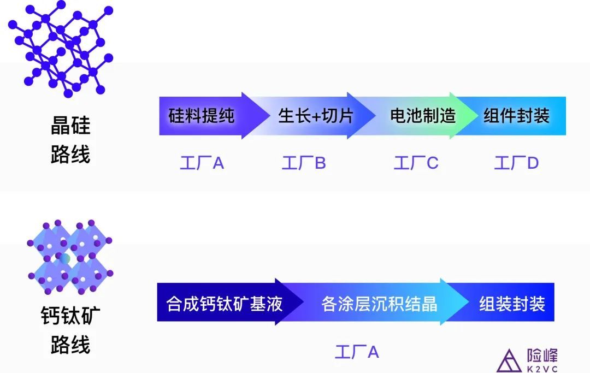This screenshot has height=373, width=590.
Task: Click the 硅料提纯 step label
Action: pyautogui.click(x=201, y=115)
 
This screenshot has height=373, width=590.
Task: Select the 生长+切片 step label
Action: pyautogui.click(x=316, y=115)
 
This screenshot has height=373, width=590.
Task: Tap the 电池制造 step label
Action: pyautogui.click(x=423, y=115)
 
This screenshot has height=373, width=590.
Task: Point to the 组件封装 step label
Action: pyautogui.click(x=516, y=115)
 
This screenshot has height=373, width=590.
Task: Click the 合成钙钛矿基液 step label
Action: pyautogui.click(x=225, y=304)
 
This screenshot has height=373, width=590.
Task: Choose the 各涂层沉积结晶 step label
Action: pyautogui.click(x=379, y=304)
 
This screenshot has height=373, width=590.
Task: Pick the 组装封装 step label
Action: pyautogui.click(x=512, y=304)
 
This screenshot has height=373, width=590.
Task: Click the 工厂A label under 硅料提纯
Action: pyautogui.click(x=202, y=163)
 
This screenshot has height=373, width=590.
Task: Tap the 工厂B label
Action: pyautogui.click(x=304, y=163)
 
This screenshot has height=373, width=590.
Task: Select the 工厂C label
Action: pyautogui.click(x=416, y=163)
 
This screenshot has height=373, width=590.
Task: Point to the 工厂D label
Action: pyautogui.click(x=516, y=163)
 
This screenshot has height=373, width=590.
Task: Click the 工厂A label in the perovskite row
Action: pyautogui.click(x=357, y=352)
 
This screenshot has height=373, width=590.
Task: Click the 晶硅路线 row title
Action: pyautogui.click(x=70, y=139)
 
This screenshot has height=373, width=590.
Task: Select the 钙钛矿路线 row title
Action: pyautogui.click(x=70, y=330)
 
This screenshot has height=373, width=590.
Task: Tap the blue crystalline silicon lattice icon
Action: pyautogui.click(x=61, y=49)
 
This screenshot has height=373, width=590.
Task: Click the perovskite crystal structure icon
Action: pyautogui.click(x=70, y=258)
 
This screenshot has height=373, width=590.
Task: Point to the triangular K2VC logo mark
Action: pyautogui.click(x=509, y=361)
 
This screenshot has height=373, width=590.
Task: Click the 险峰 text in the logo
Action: pyautogui.click(x=542, y=356)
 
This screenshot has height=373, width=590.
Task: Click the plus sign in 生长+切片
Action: pyautogui.click(x=315, y=116)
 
